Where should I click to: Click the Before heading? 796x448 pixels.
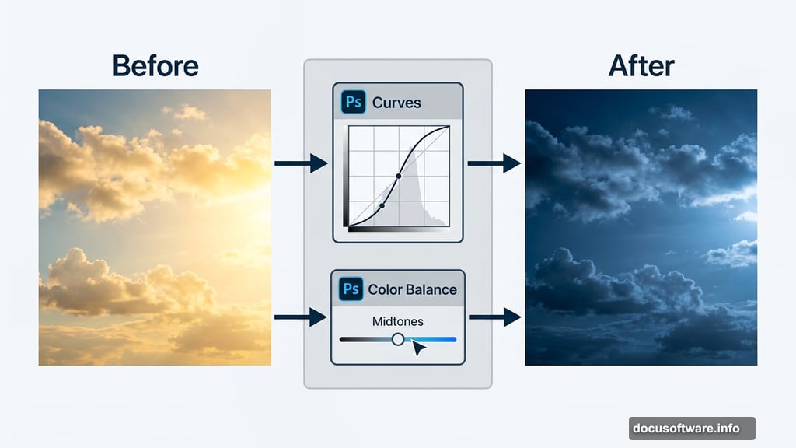155,65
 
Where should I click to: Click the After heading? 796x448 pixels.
641,65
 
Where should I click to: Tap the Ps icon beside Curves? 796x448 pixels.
353,103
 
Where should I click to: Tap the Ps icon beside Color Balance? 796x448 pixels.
351,289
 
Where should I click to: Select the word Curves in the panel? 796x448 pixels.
396,103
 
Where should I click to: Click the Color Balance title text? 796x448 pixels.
412,289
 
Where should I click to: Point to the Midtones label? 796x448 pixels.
398,320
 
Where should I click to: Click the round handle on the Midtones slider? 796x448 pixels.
398,339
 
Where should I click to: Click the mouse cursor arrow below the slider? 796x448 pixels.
418,348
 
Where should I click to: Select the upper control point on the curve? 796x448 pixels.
399,177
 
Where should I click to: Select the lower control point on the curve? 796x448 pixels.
382,206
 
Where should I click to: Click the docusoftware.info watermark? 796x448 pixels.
691,428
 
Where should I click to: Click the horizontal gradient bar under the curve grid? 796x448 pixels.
398,229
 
